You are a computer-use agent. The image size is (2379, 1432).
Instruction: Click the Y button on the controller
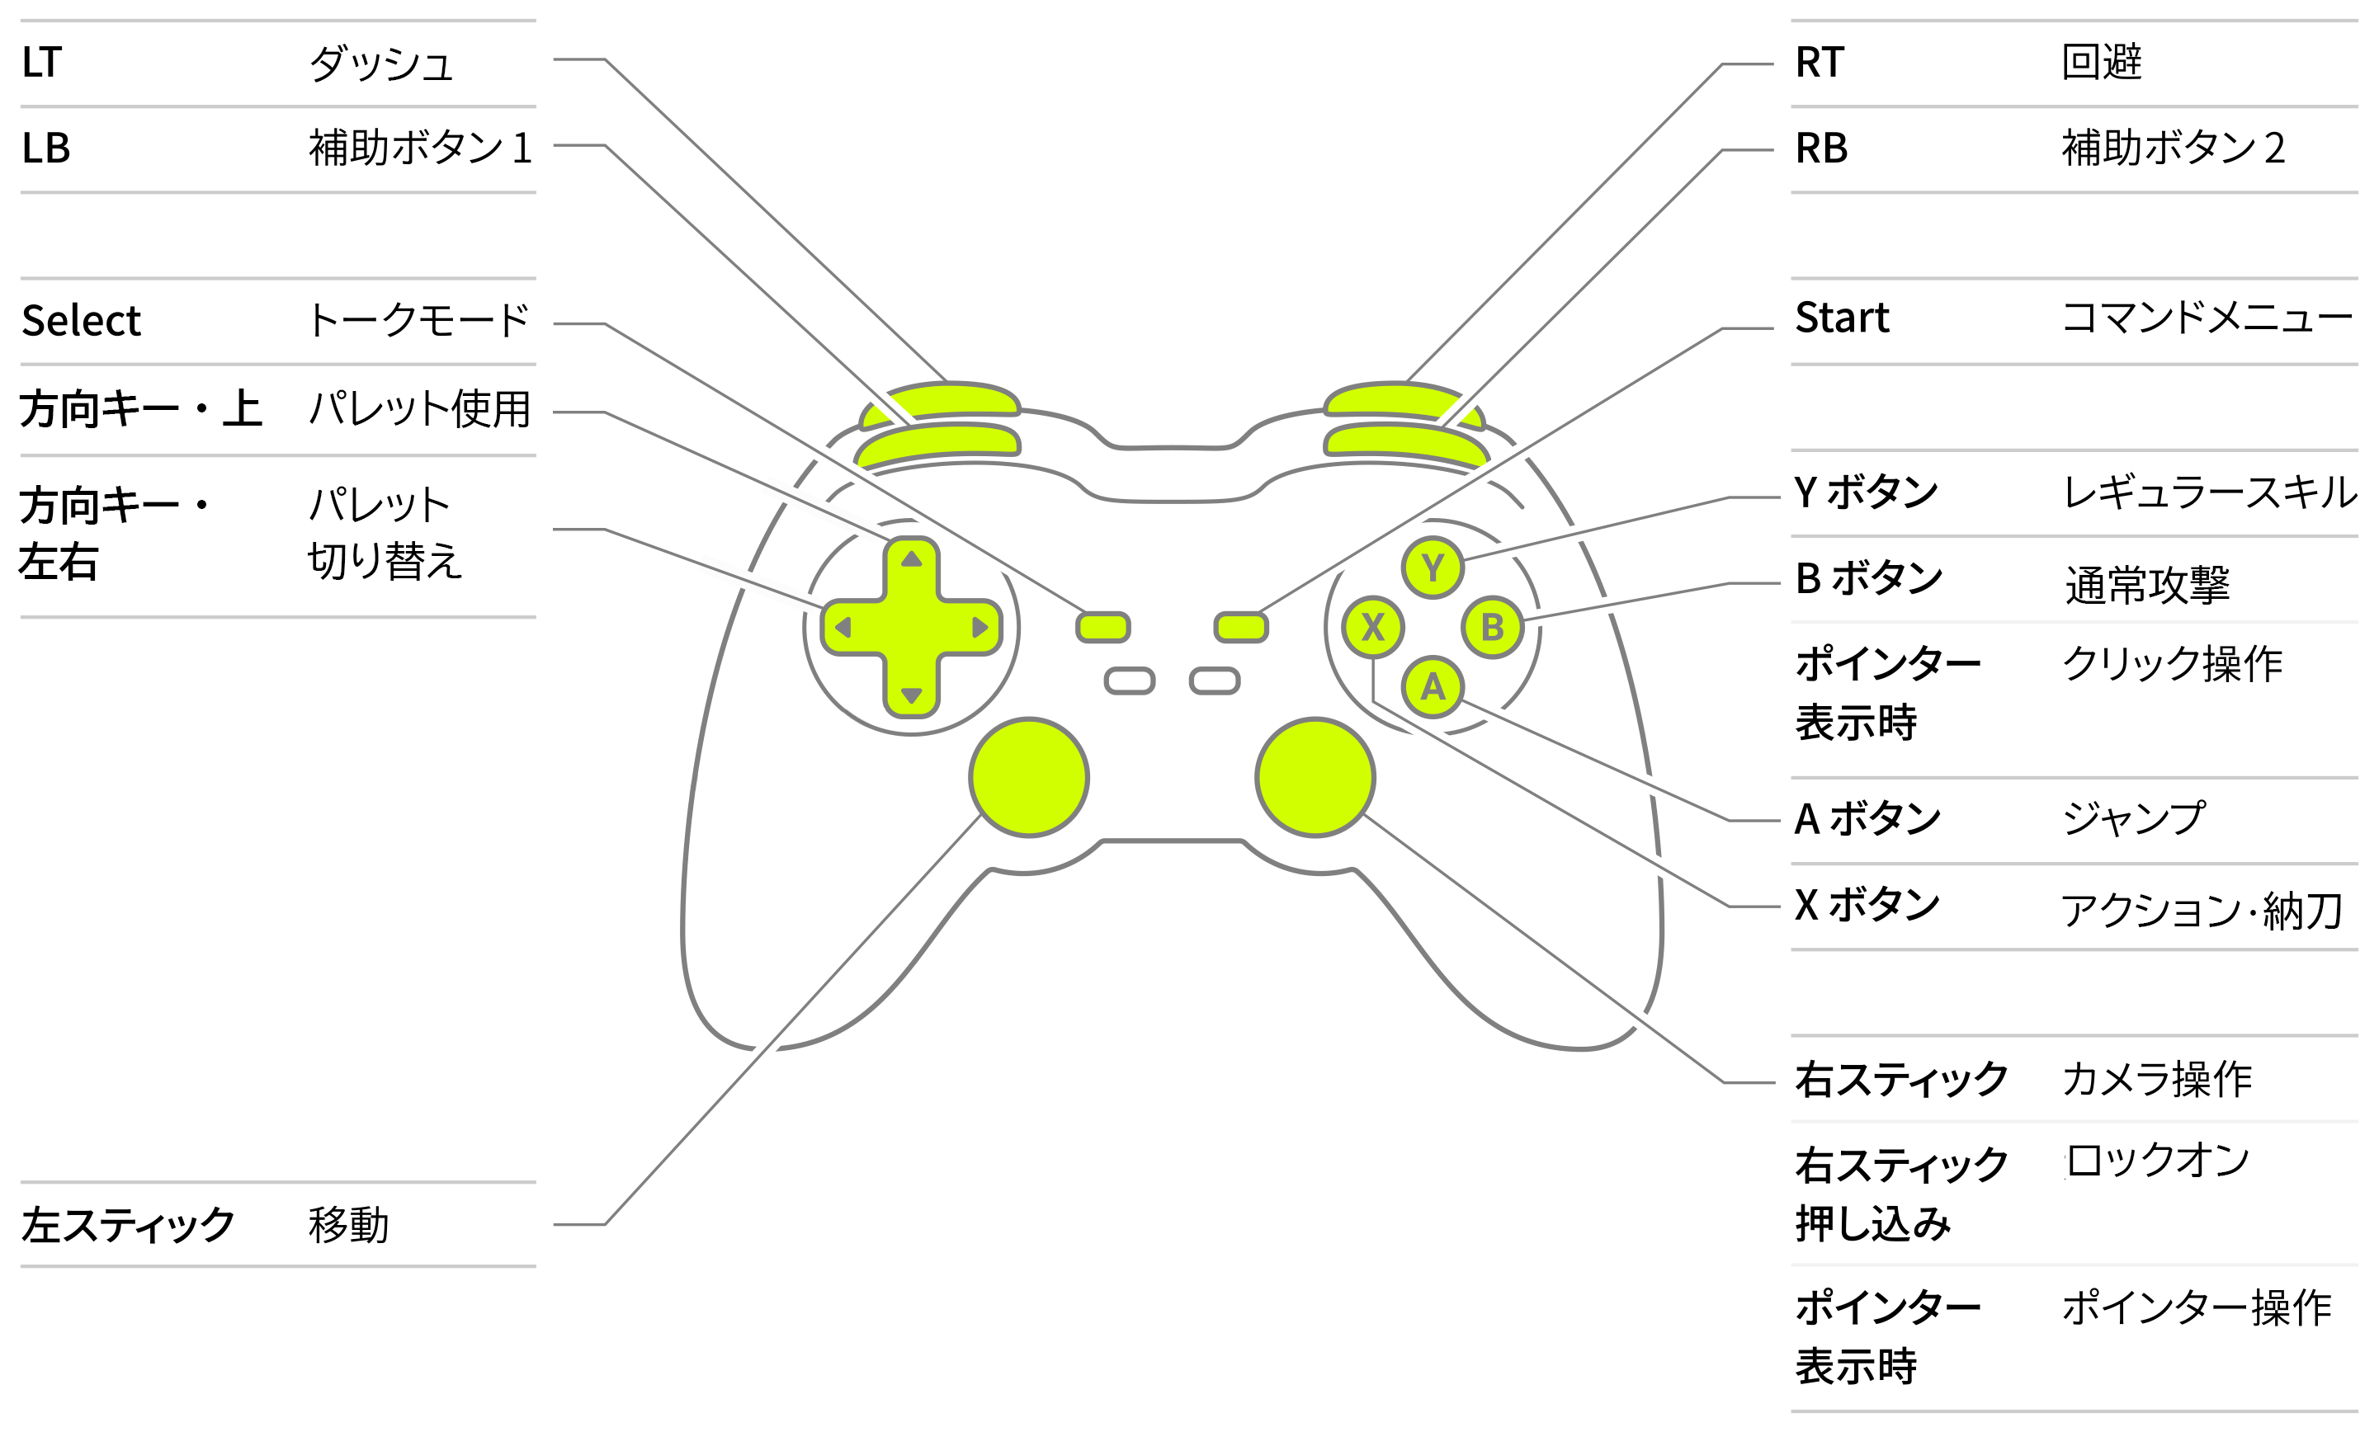pyautogui.click(x=1433, y=568)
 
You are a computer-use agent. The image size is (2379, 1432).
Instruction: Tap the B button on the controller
pyautogui.click(x=1492, y=627)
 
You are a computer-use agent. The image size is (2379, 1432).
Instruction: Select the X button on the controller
pyautogui.click(x=1372, y=627)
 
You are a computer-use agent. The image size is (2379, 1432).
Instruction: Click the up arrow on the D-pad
pyautogui.click(x=911, y=558)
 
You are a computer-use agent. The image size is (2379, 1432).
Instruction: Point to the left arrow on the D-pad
pyautogui.click(x=843, y=627)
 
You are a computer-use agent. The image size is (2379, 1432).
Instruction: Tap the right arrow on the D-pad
pyautogui.click(x=980, y=627)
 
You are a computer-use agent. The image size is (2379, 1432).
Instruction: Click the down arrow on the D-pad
pyautogui.click(x=911, y=695)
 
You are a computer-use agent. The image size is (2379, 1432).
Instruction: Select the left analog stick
pyautogui.click(x=1029, y=777)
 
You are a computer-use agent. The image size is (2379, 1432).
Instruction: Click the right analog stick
pyautogui.click(x=1315, y=777)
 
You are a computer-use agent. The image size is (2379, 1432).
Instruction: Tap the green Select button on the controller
pyautogui.click(x=1102, y=627)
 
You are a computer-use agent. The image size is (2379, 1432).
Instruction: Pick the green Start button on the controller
pyautogui.click(x=1241, y=627)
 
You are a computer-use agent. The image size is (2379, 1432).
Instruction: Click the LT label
pyautogui.click(x=41, y=63)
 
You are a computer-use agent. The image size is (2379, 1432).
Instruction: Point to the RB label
pyautogui.click(x=1821, y=148)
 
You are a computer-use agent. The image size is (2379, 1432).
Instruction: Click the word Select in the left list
pyautogui.click(x=81, y=320)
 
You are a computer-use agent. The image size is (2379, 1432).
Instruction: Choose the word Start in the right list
pyautogui.click(x=1842, y=318)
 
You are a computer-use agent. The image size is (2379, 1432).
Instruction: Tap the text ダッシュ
pyautogui.click(x=381, y=64)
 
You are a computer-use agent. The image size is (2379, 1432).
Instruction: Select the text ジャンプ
pyautogui.click(x=2133, y=818)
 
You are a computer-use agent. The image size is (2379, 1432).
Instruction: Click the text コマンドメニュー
pyautogui.click(x=2207, y=318)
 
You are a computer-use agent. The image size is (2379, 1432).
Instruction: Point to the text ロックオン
pyautogui.click(x=2156, y=1160)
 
